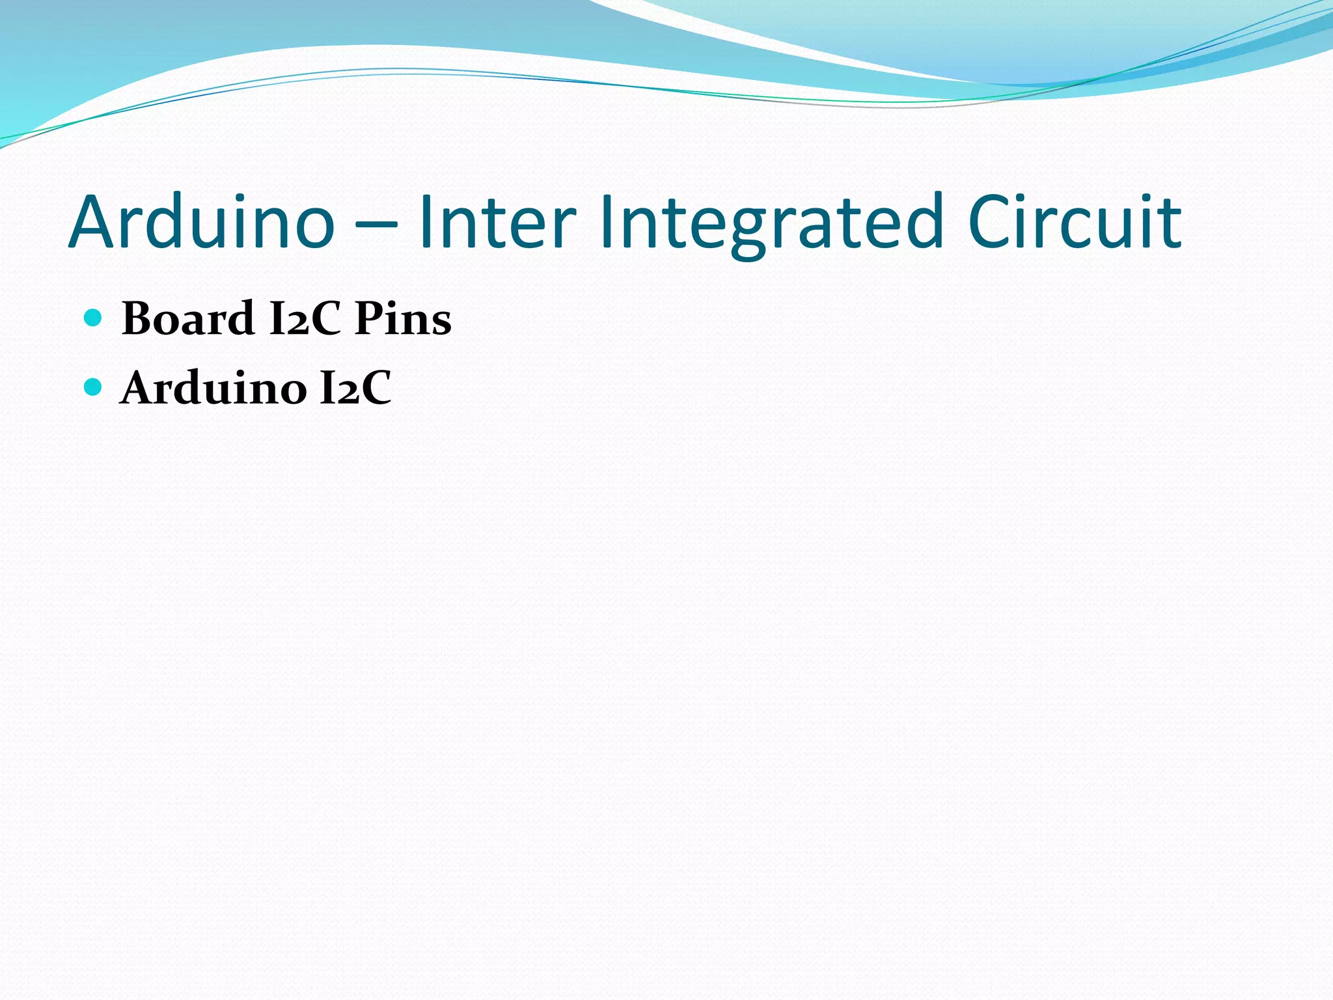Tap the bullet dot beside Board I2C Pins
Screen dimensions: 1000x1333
coord(94,318)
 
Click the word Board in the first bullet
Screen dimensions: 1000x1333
coord(188,318)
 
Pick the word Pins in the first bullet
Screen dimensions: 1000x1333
coord(403,318)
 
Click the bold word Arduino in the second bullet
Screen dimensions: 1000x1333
coord(213,388)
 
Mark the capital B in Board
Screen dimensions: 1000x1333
coord(139,318)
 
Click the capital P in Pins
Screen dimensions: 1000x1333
coord(368,318)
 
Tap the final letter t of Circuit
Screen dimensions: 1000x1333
coord(1171,223)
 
